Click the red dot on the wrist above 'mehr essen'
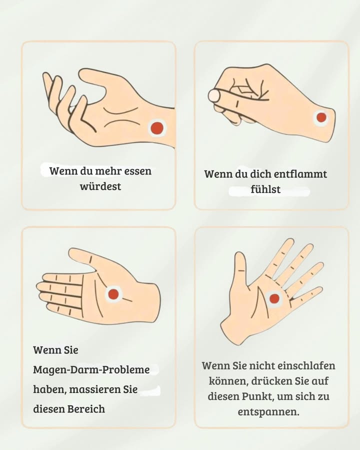(157, 128)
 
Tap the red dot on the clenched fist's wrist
(321, 118)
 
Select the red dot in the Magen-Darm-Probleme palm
(113, 294)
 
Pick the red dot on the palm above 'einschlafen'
(274, 298)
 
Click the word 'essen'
(137, 171)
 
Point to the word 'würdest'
(100, 187)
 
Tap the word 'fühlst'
(265, 190)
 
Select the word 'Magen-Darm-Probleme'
(91, 370)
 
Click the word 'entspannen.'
(268, 412)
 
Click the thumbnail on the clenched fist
(214, 95)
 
